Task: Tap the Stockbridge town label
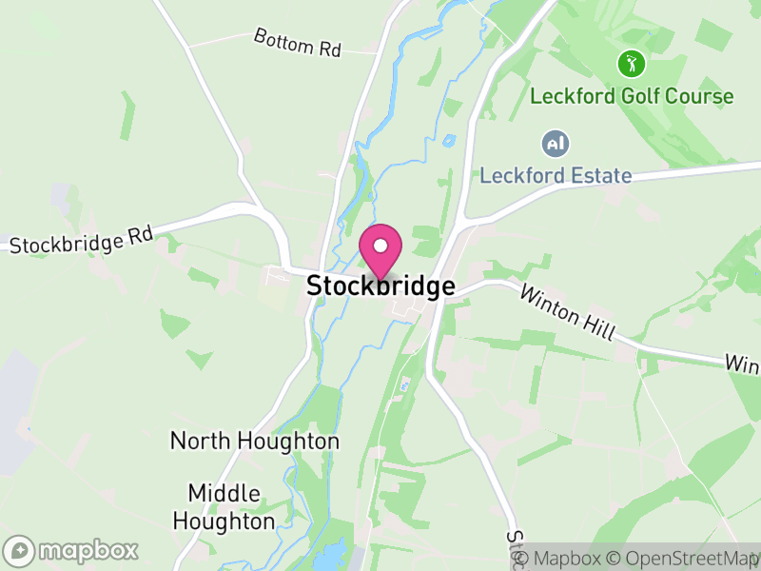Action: click(x=380, y=285)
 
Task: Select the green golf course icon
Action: click(x=631, y=65)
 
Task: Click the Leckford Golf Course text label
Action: click(x=632, y=96)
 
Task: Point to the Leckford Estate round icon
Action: click(x=555, y=145)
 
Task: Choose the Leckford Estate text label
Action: click(x=556, y=175)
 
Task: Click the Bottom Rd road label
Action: click(x=297, y=43)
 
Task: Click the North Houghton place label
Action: click(x=254, y=442)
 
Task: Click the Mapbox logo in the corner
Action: click(x=72, y=550)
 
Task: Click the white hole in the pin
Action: click(x=380, y=246)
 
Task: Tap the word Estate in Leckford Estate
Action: click(x=601, y=175)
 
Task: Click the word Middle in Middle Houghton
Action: click(x=224, y=494)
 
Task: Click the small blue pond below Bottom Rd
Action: click(x=448, y=142)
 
